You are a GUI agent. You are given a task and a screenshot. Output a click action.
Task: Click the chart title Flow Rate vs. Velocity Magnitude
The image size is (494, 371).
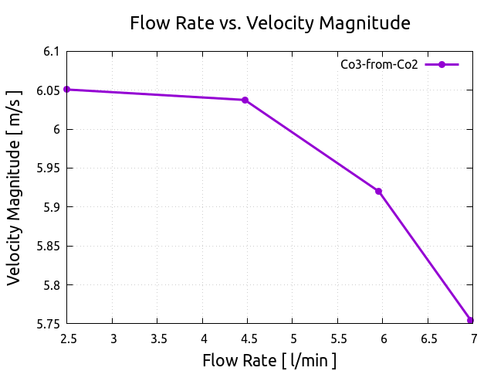269,23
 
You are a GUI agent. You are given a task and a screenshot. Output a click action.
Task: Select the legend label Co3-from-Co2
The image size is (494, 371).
379,65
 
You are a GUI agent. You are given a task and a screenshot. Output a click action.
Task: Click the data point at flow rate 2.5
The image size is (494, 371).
67,90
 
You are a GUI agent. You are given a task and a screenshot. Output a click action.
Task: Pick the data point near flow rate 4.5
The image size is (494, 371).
245,100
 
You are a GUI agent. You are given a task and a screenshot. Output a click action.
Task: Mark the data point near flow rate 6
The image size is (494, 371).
378,192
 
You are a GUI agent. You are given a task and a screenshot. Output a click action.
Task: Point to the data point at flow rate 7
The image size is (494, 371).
470,320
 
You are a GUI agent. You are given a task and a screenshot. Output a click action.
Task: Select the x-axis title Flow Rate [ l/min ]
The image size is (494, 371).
269,360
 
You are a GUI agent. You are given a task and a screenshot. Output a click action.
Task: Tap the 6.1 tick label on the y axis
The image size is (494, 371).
51,52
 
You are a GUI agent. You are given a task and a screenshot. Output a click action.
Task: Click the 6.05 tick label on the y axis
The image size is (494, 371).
47,90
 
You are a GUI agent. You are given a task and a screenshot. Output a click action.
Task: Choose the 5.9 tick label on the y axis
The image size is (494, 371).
51,207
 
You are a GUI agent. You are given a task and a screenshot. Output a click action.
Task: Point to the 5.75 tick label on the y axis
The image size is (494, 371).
47,324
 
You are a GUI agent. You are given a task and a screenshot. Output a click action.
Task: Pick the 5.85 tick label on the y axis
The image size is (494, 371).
47,246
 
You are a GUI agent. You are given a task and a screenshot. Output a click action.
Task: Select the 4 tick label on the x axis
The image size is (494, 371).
203,339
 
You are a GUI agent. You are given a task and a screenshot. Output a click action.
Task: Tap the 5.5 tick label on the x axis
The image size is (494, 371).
338,339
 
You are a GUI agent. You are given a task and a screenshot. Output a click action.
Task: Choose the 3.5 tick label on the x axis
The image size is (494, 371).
157,339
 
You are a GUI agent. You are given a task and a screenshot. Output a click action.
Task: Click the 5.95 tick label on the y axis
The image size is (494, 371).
47,168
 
